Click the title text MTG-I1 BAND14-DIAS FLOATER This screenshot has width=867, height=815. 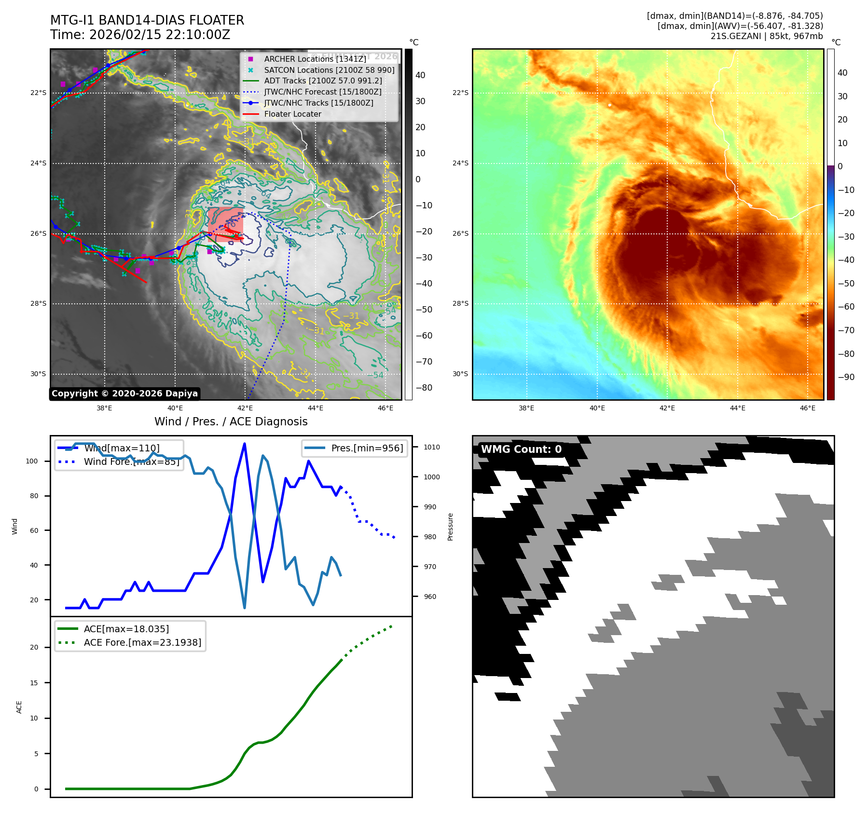147,20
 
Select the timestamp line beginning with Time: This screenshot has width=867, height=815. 140,35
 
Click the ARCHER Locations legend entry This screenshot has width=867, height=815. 315,59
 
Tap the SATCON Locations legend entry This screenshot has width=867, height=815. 329,70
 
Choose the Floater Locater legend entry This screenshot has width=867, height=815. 292,114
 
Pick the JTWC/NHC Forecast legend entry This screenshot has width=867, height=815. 322,92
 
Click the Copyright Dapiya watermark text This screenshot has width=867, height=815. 124,394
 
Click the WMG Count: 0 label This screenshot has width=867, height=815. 521,449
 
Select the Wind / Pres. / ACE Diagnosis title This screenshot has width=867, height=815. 231,421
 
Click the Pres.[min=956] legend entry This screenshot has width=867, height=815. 367,448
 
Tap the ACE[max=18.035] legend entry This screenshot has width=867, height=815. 126,629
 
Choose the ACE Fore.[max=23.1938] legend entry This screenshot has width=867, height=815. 142,642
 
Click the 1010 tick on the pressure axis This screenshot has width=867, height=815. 431,447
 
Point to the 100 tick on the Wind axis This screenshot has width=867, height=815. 32,461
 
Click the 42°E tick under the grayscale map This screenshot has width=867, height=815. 245,408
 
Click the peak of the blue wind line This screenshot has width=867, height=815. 245,444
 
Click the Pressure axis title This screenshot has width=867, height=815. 450,527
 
